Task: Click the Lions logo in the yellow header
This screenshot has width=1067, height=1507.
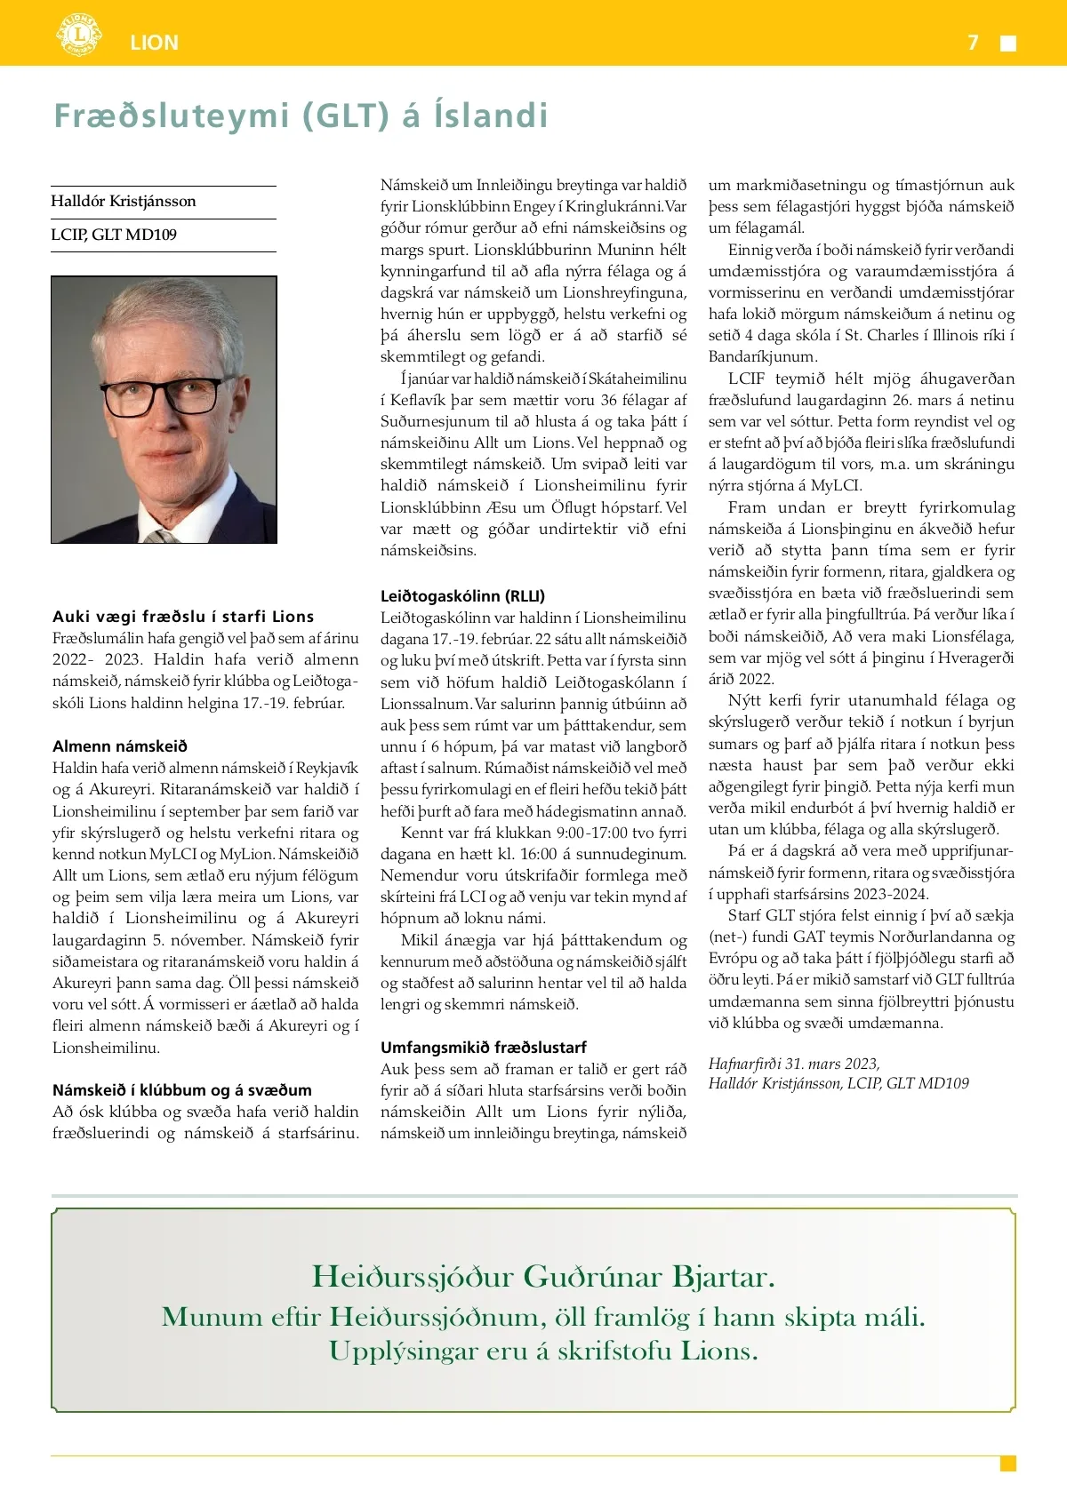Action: pos(79,36)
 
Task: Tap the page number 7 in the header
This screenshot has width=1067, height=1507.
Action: pos(974,43)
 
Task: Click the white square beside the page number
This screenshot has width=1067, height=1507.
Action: pos(1008,44)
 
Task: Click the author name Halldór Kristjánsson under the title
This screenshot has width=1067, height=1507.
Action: pos(124,202)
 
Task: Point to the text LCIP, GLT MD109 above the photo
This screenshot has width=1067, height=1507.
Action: pos(114,235)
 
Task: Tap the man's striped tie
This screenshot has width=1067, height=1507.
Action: pos(162,536)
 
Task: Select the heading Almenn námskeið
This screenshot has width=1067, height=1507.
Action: pos(120,746)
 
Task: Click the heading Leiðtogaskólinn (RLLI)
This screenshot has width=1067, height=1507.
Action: pos(462,596)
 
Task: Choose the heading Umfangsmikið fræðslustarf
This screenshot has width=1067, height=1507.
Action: pos(483,1048)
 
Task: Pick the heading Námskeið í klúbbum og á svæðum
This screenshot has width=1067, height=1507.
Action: pos(182,1090)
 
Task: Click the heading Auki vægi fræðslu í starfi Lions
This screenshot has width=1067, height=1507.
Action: pos(183,617)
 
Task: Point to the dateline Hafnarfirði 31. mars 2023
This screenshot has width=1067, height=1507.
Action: pos(794,1064)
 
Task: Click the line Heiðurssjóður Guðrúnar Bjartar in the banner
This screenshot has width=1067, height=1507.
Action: pos(543,1277)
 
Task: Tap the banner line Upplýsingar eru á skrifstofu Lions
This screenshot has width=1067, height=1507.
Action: pos(543,1352)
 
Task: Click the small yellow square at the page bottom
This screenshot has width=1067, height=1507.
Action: pos(1007,1463)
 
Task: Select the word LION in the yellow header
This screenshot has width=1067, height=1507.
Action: pos(154,43)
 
